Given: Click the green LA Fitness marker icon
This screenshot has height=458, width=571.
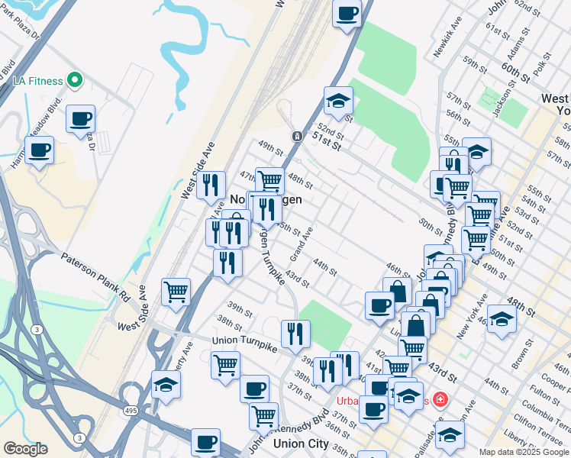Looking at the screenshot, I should click(74, 79).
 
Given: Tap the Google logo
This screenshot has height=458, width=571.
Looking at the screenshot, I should click(25, 449).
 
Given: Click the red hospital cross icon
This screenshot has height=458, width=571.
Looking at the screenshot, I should click(440, 398).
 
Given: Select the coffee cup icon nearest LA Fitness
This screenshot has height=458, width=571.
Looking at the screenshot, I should click(80, 118).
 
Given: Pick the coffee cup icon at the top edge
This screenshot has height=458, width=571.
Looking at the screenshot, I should click(347, 12).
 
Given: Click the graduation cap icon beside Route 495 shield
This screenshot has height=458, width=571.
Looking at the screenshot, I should click(166, 385).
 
